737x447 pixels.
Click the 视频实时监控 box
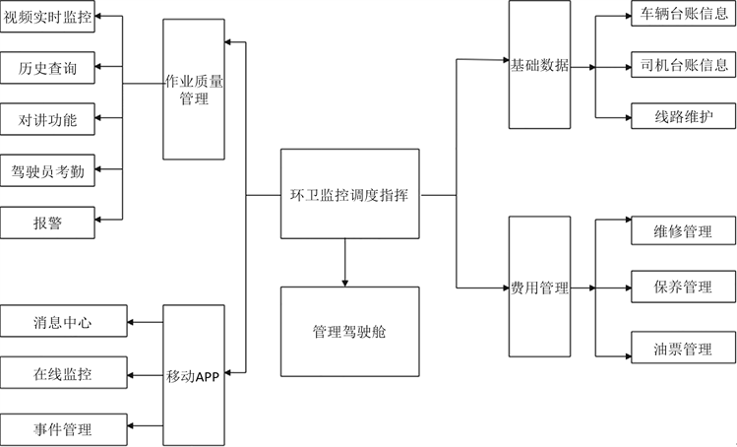click(48, 17)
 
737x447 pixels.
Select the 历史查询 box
click(48, 68)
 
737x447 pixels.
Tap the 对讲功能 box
click(48, 120)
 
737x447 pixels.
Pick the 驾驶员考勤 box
click(48, 172)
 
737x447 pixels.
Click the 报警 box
click(48, 223)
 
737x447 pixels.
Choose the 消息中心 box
click(63, 322)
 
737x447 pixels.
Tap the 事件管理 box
click(63, 429)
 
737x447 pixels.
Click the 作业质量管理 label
click(194, 91)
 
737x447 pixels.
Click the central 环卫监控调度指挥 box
click(349, 195)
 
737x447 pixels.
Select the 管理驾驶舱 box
click(349, 331)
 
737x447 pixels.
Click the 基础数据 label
click(539, 66)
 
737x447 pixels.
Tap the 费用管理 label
click(539, 288)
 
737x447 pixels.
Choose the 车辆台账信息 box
click(683, 15)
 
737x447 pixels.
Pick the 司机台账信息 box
click(683, 66)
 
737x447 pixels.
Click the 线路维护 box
click(683, 117)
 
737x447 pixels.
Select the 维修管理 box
click(683, 232)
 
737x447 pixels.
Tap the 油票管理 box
click(683, 349)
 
